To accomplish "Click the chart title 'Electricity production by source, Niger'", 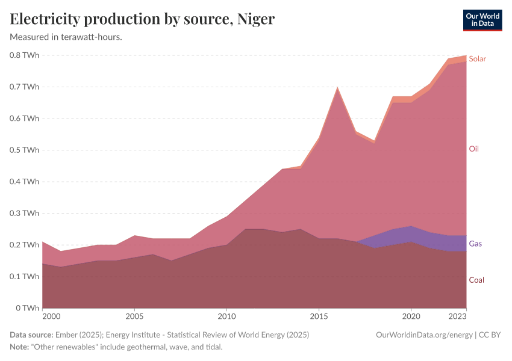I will click(142, 19).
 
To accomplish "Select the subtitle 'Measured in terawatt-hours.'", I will click(66, 37).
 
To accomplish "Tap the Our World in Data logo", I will click(482, 20).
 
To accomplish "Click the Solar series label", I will click(477, 59).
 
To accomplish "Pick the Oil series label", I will click(473, 149).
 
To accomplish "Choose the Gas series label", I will click(475, 244).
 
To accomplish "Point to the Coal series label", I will click(476, 280).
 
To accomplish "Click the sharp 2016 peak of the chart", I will click(337, 88).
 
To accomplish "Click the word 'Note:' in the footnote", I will click(20, 347).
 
